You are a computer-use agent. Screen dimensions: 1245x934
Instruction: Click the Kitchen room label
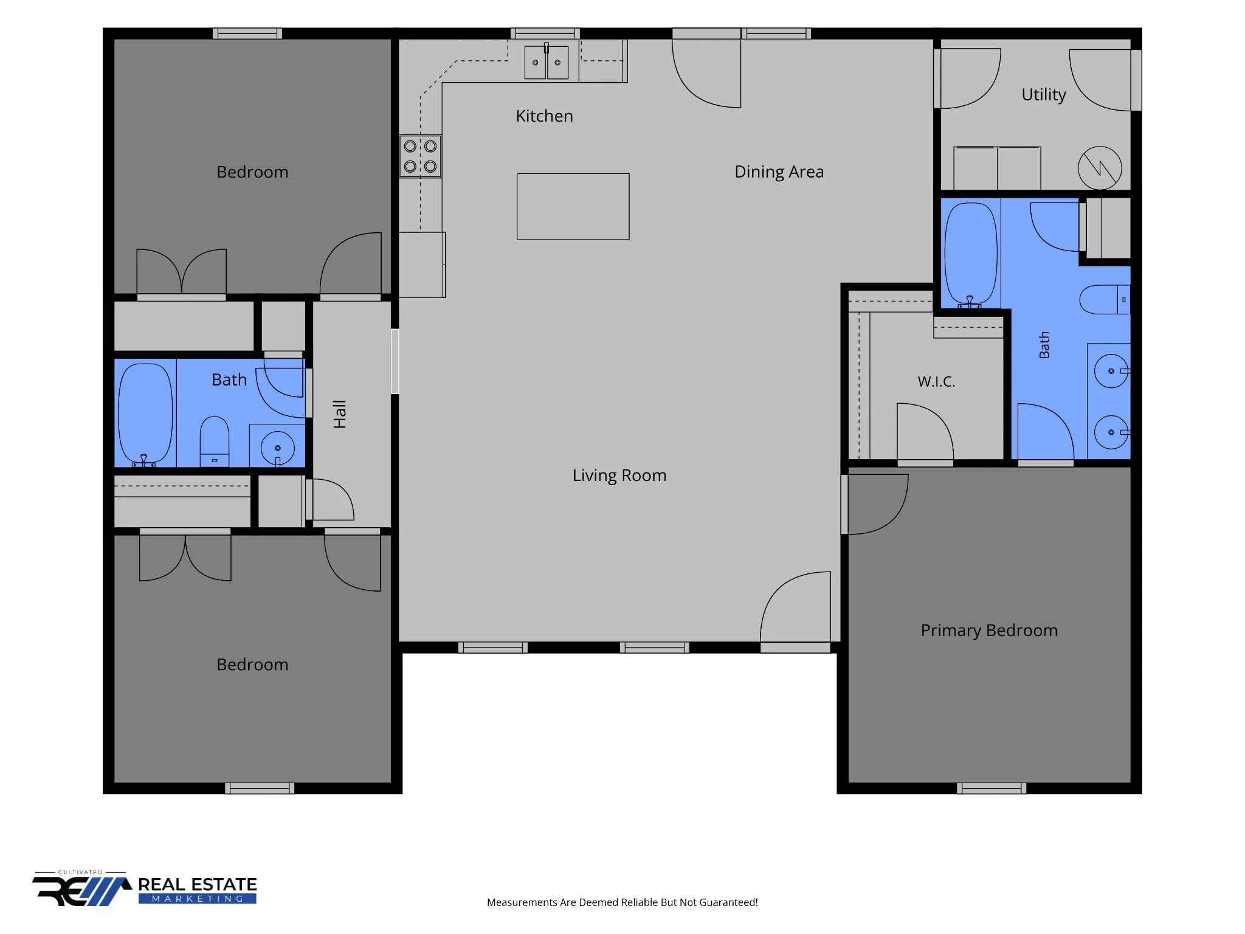pyautogui.click(x=544, y=116)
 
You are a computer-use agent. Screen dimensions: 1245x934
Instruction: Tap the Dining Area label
pyautogui.click(x=779, y=172)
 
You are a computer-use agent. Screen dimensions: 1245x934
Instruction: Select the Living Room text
pyautogui.click(x=619, y=476)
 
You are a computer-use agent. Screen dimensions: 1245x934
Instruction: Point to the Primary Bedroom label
pyautogui.click(x=989, y=631)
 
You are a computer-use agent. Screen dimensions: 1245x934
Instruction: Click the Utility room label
pyautogui.click(x=1043, y=95)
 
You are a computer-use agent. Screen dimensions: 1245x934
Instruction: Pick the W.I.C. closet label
pyautogui.click(x=936, y=382)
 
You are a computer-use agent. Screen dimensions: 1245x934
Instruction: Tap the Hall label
pyautogui.click(x=340, y=414)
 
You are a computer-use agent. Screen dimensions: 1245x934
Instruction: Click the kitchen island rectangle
pyautogui.click(x=573, y=207)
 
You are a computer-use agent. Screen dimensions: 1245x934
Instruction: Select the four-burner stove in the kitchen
pyautogui.click(x=420, y=156)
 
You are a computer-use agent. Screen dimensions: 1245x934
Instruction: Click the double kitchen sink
pyautogui.click(x=547, y=62)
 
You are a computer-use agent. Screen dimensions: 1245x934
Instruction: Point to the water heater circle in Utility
pyautogui.click(x=1100, y=168)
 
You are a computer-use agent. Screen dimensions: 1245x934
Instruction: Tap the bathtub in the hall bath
pyautogui.click(x=145, y=414)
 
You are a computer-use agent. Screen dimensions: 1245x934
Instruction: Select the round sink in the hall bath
pyautogui.click(x=278, y=448)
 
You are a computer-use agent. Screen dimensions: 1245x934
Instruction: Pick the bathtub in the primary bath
pyautogui.click(x=971, y=255)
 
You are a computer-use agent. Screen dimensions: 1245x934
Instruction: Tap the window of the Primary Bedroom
pyautogui.click(x=992, y=789)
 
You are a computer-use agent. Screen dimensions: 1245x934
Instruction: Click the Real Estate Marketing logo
pyautogui.click(x=145, y=889)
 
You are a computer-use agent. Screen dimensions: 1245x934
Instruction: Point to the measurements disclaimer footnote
pyautogui.click(x=622, y=902)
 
